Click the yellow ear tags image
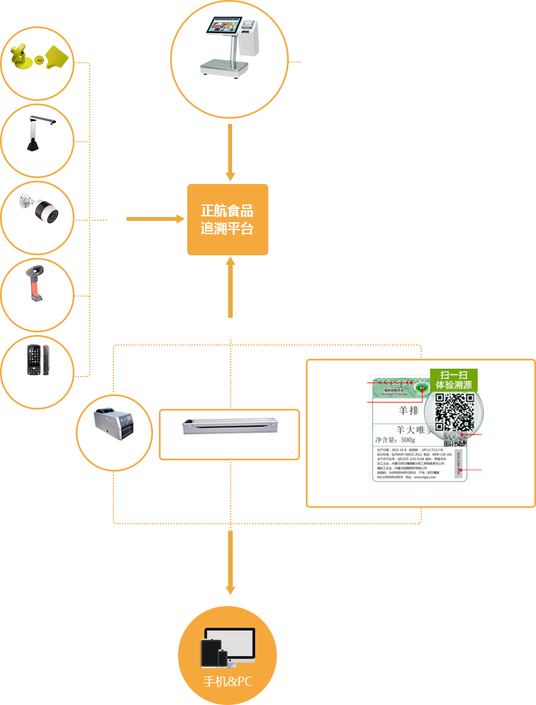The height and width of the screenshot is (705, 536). tap(38, 57)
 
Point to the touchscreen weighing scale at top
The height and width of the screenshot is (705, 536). tap(229, 47)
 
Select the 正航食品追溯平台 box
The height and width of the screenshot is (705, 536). tap(227, 220)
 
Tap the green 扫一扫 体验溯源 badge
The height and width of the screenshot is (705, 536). tap(454, 380)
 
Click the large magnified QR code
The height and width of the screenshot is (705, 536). tap(454, 413)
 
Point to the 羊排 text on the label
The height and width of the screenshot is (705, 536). tap(409, 411)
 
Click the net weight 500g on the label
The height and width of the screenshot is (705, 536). tap(395, 439)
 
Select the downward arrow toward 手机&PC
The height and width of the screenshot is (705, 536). tap(230, 561)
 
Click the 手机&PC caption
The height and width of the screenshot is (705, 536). tap(227, 682)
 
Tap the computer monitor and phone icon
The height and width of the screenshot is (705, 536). tap(227, 646)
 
